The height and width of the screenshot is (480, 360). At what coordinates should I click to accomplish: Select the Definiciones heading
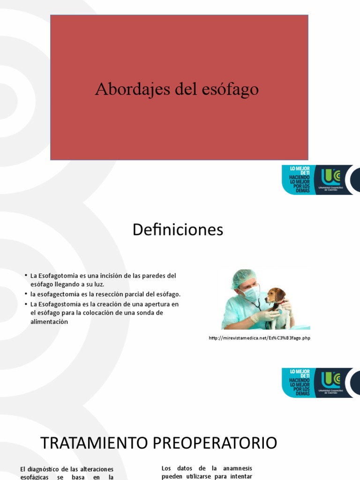click(x=178, y=230)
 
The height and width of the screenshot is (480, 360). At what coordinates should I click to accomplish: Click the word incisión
click(x=106, y=275)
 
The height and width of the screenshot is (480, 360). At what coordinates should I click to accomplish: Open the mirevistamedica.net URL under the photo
click(x=260, y=338)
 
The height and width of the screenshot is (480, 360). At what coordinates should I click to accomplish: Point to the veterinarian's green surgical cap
click(x=241, y=278)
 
